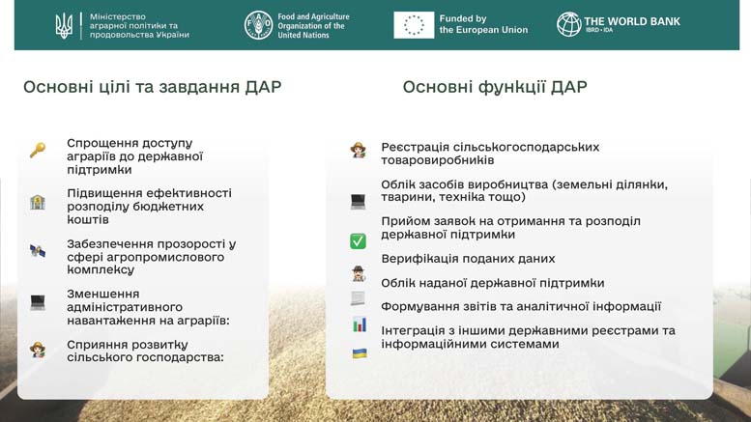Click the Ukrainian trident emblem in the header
pyautogui.click(x=64, y=26)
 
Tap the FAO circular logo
pyautogui.click(x=258, y=25)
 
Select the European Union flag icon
pyautogui.click(x=414, y=25)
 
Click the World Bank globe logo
pyautogui.click(x=568, y=24)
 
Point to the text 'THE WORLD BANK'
pyautogui.click(x=632, y=21)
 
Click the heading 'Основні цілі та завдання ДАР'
pyautogui.click(x=153, y=87)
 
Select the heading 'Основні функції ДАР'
pyautogui.click(x=495, y=87)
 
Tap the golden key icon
pyautogui.click(x=38, y=151)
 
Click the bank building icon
pyautogui.click(x=38, y=202)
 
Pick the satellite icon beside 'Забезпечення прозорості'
pyautogui.click(x=38, y=250)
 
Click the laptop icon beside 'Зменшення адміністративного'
pyautogui.click(x=38, y=302)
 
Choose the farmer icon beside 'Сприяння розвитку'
pyautogui.click(x=38, y=350)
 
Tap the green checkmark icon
pyautogui.click(x=358, y=241)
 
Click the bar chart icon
pyautogui.click(x=360, y=324)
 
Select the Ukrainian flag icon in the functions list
pyautogui.click(x=360, y=353)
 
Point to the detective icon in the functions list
pyautogui.click(x=359, y=273)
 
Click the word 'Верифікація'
pyautogui.click(x=418, y=259)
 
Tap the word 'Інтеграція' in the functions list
pyautogui.click(x=413, y=330)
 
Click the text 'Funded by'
pyautogui.click(x=463, y=18)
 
